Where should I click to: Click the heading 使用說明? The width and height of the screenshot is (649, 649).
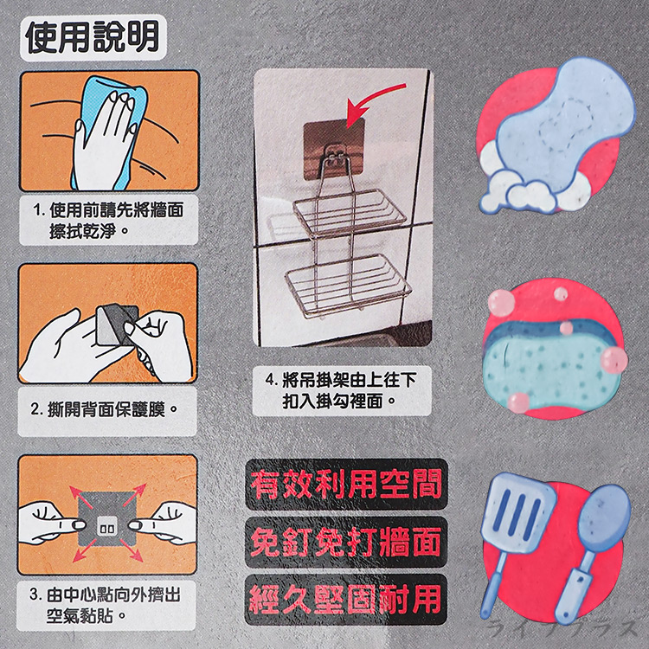pos(92,35)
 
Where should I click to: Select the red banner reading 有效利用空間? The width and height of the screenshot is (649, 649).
pos(344,483)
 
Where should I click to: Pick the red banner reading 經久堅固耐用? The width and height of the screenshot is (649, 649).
pos(344,598)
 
